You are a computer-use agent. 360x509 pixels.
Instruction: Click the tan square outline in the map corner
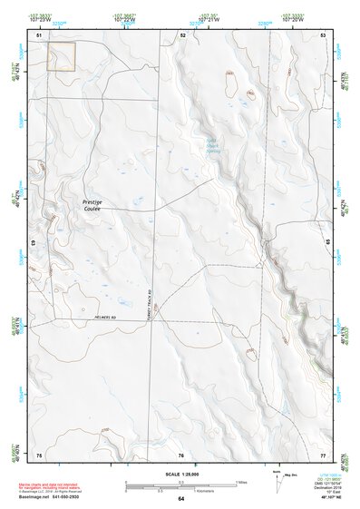61,56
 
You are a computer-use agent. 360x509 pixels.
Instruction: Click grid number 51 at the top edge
40,34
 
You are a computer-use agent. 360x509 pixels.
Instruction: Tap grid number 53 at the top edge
323,34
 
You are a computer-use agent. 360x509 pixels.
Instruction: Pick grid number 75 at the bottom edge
40,454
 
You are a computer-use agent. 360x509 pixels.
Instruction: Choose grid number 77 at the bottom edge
323,454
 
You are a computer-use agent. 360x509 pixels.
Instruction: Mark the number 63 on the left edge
33,244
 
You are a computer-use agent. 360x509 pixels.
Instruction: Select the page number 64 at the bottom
180,499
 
